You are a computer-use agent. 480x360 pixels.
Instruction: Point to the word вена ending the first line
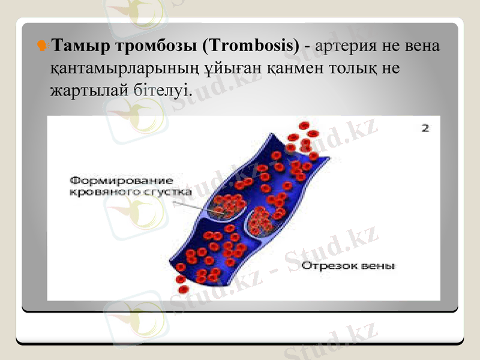click(x=422, y=46)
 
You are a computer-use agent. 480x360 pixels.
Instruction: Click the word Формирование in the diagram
click(x=122, y=180)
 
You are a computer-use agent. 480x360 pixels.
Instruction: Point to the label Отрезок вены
click(x=348, y=265)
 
